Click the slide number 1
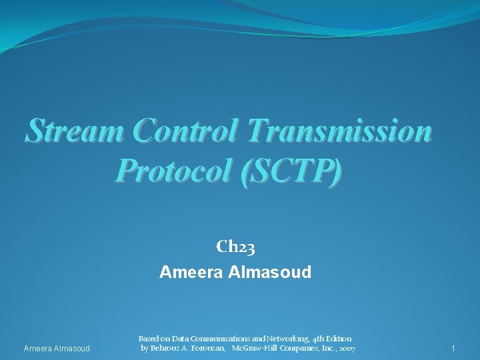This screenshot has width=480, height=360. click(453, 349)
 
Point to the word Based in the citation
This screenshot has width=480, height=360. click(150, 339)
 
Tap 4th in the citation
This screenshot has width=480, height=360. click(321, 339)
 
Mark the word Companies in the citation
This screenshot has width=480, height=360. click(295, 349)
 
